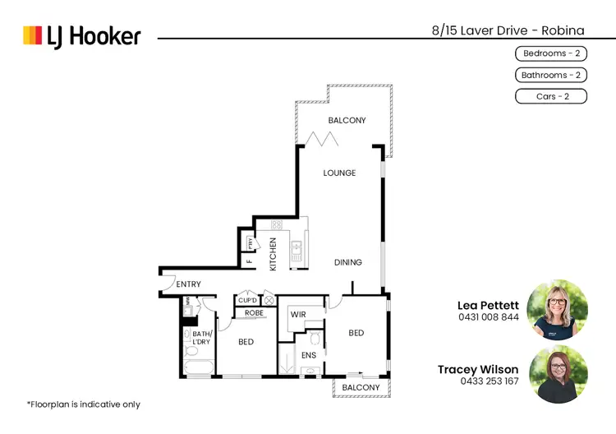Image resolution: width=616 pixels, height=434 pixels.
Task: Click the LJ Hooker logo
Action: pyautogui.click(x=81, y=36)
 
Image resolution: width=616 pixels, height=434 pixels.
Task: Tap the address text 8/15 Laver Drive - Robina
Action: pyautogui.click(x=508, y=30)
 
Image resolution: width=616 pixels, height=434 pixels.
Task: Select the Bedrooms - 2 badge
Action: pyautogui.click(x=550, y=53)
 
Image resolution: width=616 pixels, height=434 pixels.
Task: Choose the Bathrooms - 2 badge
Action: pyautogui.click(x=550, y=75)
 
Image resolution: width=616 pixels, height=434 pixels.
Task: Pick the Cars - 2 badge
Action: pyautogui.click(x=550, y=96)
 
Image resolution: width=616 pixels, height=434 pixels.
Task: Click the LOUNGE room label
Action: pyautogui.click(x=339, y=173)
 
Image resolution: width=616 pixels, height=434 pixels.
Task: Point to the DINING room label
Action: pyautogui.click(x=347, y=262)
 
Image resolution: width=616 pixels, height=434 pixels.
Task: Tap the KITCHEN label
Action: pyautogui.click(x=274, y=254)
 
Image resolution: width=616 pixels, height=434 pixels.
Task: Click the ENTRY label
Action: pyautogui.click(x=188, y=284)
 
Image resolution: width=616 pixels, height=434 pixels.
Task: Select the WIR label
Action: pyautogui.click(x=297, y=314)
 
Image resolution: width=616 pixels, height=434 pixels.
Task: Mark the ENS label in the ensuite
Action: pyautogui.click(x=308, y=355)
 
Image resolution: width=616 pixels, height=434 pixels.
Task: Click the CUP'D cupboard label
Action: pyautogui.click(x=248, y=301)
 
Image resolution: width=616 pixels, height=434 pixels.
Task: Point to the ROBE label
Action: pyautogui.click(x=254, y=313)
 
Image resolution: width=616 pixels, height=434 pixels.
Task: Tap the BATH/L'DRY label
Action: pyautogui.click(x=202, y=338)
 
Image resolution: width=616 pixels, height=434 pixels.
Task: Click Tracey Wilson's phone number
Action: pyautogui.click(x=490, y=381)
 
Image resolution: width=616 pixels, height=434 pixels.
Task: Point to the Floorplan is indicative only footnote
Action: pyautogui.click(x=83, y=404)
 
